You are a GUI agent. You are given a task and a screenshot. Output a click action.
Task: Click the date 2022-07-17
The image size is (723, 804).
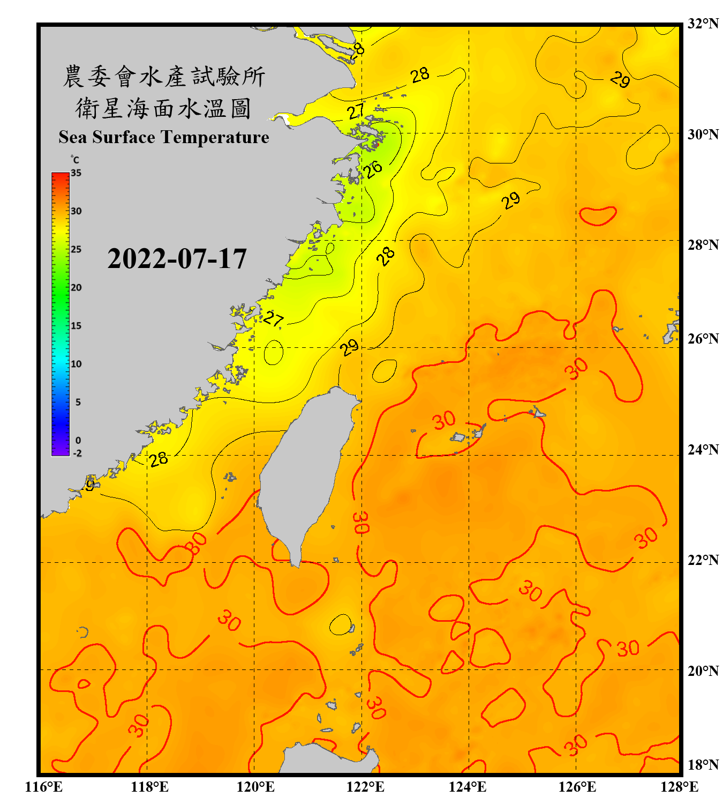[177, 259]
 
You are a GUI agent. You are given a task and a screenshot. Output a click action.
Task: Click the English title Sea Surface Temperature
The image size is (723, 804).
[164, 137]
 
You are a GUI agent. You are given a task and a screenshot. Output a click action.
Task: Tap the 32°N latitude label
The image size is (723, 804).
[703, 24]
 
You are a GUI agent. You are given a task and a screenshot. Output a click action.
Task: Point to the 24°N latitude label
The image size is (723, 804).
[703, 449]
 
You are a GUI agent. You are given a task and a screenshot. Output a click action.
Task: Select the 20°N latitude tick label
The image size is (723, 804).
[703, 671]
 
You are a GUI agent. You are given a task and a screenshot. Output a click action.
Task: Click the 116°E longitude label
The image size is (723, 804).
[44, 787]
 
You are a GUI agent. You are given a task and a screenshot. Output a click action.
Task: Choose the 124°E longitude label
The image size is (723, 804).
[468, 787]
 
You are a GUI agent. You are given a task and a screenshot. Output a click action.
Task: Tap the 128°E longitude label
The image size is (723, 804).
[679, 787]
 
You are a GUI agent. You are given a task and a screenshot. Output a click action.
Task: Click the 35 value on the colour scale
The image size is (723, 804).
[76, 173]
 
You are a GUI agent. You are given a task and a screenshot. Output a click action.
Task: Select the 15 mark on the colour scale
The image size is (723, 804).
[76, 326]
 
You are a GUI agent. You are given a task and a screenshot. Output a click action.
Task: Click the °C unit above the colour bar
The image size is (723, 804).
[75, 160]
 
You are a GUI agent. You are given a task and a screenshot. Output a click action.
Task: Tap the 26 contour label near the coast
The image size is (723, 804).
[373, 169]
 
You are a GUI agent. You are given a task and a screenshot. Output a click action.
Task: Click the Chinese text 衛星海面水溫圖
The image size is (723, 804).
[163, 109]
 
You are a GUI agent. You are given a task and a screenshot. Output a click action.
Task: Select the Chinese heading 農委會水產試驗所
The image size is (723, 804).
[163, 77]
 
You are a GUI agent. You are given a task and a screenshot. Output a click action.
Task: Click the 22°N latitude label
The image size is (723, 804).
[703, 560]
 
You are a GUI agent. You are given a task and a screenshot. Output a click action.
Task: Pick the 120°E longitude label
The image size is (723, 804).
[255, 787]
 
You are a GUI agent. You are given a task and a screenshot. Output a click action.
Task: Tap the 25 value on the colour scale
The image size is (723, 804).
[76, 249]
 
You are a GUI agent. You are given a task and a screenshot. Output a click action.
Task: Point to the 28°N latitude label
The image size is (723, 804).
[703, 245]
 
